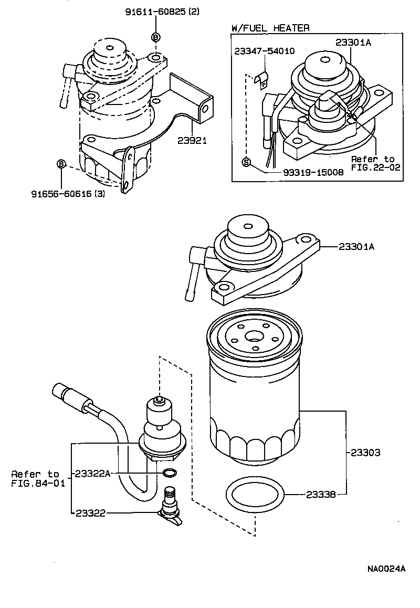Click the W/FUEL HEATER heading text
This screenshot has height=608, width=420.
(270, 28)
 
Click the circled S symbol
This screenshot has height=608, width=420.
(246, 162)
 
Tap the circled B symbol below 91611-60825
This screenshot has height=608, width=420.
(155, 37)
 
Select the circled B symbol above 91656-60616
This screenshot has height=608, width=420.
(61, 164)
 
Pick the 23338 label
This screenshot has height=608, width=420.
(321, 494)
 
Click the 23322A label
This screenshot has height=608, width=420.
(92, 473)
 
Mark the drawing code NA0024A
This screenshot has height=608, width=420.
(385, 569)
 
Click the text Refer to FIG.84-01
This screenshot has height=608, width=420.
(35, 478)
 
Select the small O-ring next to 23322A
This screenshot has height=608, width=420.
(169, 474)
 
